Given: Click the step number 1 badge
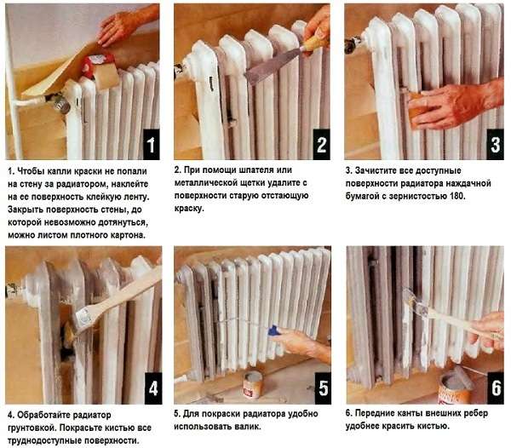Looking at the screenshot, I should [150, 145].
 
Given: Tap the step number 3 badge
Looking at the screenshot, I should [494, 145].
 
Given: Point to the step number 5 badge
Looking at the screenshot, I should [320, 389].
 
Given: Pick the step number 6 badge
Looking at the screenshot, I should [493, 389].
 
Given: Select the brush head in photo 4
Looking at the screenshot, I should [84, 318].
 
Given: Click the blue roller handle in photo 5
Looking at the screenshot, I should [273, 330].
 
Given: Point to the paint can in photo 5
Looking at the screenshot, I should [252, 384].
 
